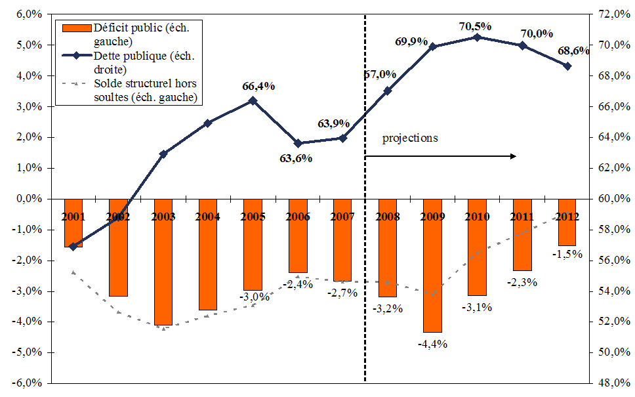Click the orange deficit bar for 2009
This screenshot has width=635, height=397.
click(432, 266)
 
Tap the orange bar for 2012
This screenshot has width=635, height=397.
click(567, 222)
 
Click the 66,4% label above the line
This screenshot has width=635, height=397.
click(258, 86)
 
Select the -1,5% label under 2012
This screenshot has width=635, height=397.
click(567, 254)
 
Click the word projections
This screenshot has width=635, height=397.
click(410, 138)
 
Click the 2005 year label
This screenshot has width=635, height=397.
click(253, 216)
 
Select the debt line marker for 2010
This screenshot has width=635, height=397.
click(477, 37)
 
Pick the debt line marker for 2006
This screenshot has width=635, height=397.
click(298, 143)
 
